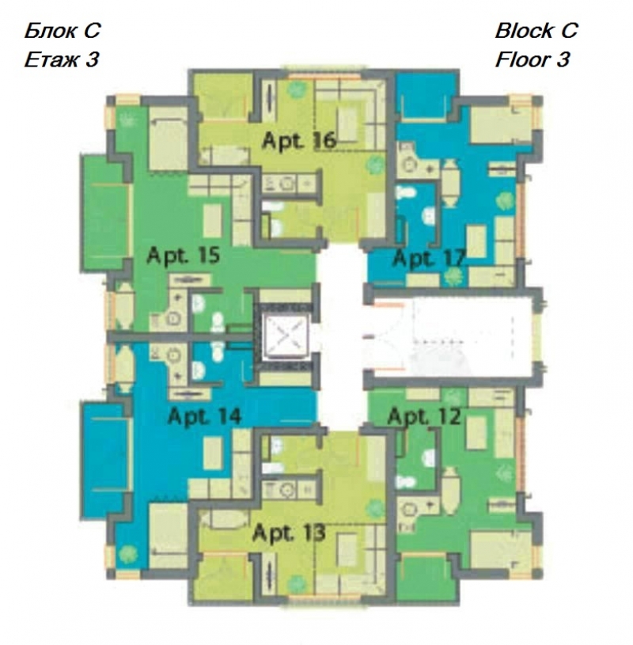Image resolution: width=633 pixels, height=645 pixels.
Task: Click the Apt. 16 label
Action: click(299, 141)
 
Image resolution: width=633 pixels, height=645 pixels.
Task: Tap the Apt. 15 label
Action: click(184, 256)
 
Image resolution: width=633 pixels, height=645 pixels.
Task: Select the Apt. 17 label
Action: click(430, 258)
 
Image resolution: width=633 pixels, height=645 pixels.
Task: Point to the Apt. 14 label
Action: click(204, 415)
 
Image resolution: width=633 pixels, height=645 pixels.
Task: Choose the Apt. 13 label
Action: click(289, 533)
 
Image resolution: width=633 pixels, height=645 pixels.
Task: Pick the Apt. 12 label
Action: click(424, 416)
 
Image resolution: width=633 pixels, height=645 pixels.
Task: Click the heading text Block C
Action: click(536, 30)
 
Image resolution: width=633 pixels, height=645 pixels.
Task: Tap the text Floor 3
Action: click(533, 59)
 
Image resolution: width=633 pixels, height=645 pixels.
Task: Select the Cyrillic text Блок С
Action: click(62, 30)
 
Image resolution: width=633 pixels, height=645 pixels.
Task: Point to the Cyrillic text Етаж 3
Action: click(62, 60)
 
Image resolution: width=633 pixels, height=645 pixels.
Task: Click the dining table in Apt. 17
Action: click(450, 183)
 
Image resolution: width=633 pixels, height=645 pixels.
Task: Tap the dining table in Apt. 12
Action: click(450, 491)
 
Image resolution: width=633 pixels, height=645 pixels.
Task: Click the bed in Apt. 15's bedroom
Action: click(169, 138)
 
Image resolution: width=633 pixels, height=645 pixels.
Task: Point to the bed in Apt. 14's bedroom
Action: click(169, 535)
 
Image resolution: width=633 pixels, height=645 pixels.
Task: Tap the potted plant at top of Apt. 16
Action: click(296, 89)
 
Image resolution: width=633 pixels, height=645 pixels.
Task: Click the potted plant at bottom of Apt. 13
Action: click(296, 584)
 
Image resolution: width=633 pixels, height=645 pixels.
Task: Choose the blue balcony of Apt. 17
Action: click(423, 98)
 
